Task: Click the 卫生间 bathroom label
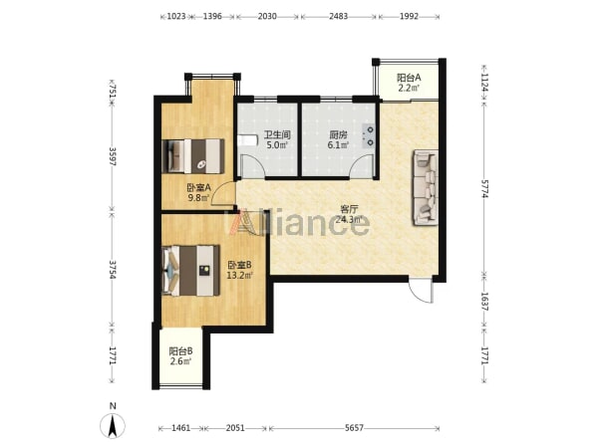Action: tap(277, 134)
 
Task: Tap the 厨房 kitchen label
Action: tap(338, 134)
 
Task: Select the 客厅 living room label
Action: tap(349, 209)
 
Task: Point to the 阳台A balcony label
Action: tap(409, 78)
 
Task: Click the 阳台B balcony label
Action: tap(180, 350)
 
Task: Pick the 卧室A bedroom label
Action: tap(198, 187)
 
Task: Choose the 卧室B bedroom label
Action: tap(239, 265)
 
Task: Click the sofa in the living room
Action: tap(426, 187)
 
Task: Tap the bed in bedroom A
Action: tap(193, 156)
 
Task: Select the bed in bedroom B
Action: tap(190, 271)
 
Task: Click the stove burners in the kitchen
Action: tap(369, 136)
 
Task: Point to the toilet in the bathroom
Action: tap(247, 140)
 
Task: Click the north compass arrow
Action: tap(113, 426)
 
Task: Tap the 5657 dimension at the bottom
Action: tap(354, 428)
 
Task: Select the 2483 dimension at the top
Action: tap(338, 16)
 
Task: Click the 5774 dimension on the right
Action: tap(485, 189)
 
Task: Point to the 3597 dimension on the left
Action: tap(113, 156)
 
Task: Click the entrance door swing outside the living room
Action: tap(421, 291)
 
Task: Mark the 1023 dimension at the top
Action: tap(176, 16)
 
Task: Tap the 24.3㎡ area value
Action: tap(349, 219)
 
